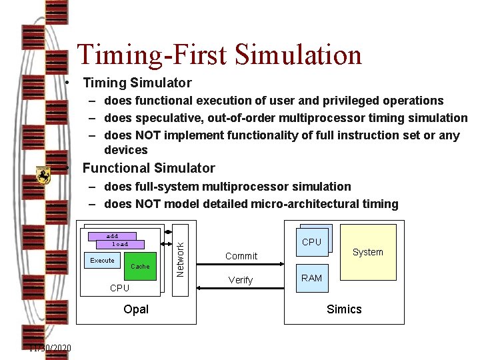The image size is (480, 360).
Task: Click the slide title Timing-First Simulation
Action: pos(219,55)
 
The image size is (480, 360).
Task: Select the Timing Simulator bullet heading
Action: pos(137,83)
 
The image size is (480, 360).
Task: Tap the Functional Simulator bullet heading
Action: pos(149,168)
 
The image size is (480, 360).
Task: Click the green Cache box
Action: pos(140,266)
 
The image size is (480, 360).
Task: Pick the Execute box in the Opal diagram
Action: pos(102,260)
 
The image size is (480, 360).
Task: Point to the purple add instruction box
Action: pos(112,236)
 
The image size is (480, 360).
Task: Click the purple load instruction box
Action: pos(120,244)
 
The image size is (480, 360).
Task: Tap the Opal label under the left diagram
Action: pos(136,309)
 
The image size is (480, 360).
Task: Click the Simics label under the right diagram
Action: pos(344,309)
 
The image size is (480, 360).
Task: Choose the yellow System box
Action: pos(368,251)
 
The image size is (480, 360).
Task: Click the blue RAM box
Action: pos(311,278)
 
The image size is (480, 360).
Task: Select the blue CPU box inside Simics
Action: pos(311,242)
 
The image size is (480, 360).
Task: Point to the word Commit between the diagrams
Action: pos(241,256)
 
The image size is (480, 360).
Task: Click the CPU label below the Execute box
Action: pos(119,288)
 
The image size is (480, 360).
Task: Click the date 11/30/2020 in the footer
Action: pos(51,349)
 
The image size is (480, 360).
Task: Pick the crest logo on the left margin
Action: pos(43,175)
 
